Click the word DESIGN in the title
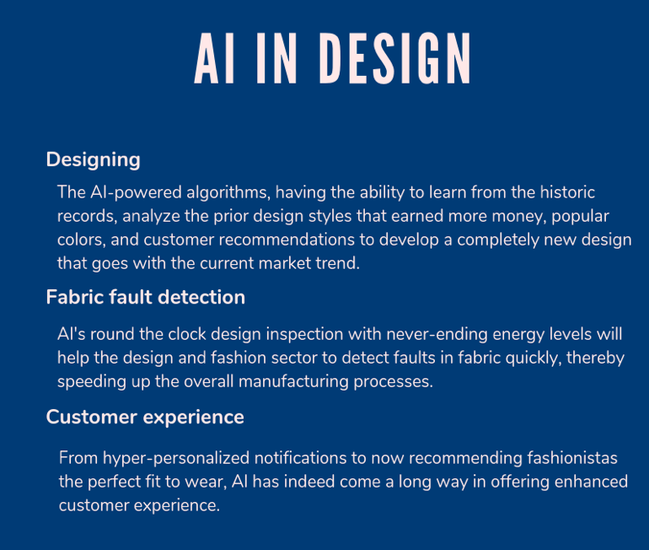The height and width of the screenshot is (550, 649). click(395, 58)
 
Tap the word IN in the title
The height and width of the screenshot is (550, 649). click(276, 58)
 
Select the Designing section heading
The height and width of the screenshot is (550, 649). click(93, 160)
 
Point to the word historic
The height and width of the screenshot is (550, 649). click(567, 192)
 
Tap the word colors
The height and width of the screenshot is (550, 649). click(81, 240)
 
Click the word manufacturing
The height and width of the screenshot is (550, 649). click(294, 382)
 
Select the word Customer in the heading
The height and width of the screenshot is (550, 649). click(92, 417)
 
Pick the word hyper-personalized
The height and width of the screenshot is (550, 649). click(176, 459)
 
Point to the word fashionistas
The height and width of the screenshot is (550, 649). click(572, 458)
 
